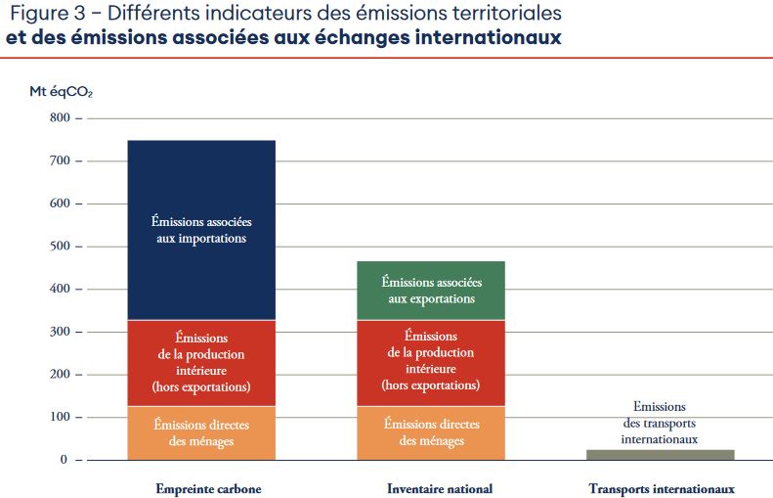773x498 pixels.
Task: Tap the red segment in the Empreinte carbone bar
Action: click(200, 362)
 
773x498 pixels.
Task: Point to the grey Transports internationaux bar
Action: click(660, 454)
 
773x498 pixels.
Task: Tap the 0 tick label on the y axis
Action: click(65, 460)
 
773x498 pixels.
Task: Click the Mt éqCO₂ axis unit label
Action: click(61, 91)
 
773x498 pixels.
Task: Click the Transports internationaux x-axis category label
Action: click(662, 488)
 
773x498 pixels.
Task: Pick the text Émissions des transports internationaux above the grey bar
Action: click(660, 423)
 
